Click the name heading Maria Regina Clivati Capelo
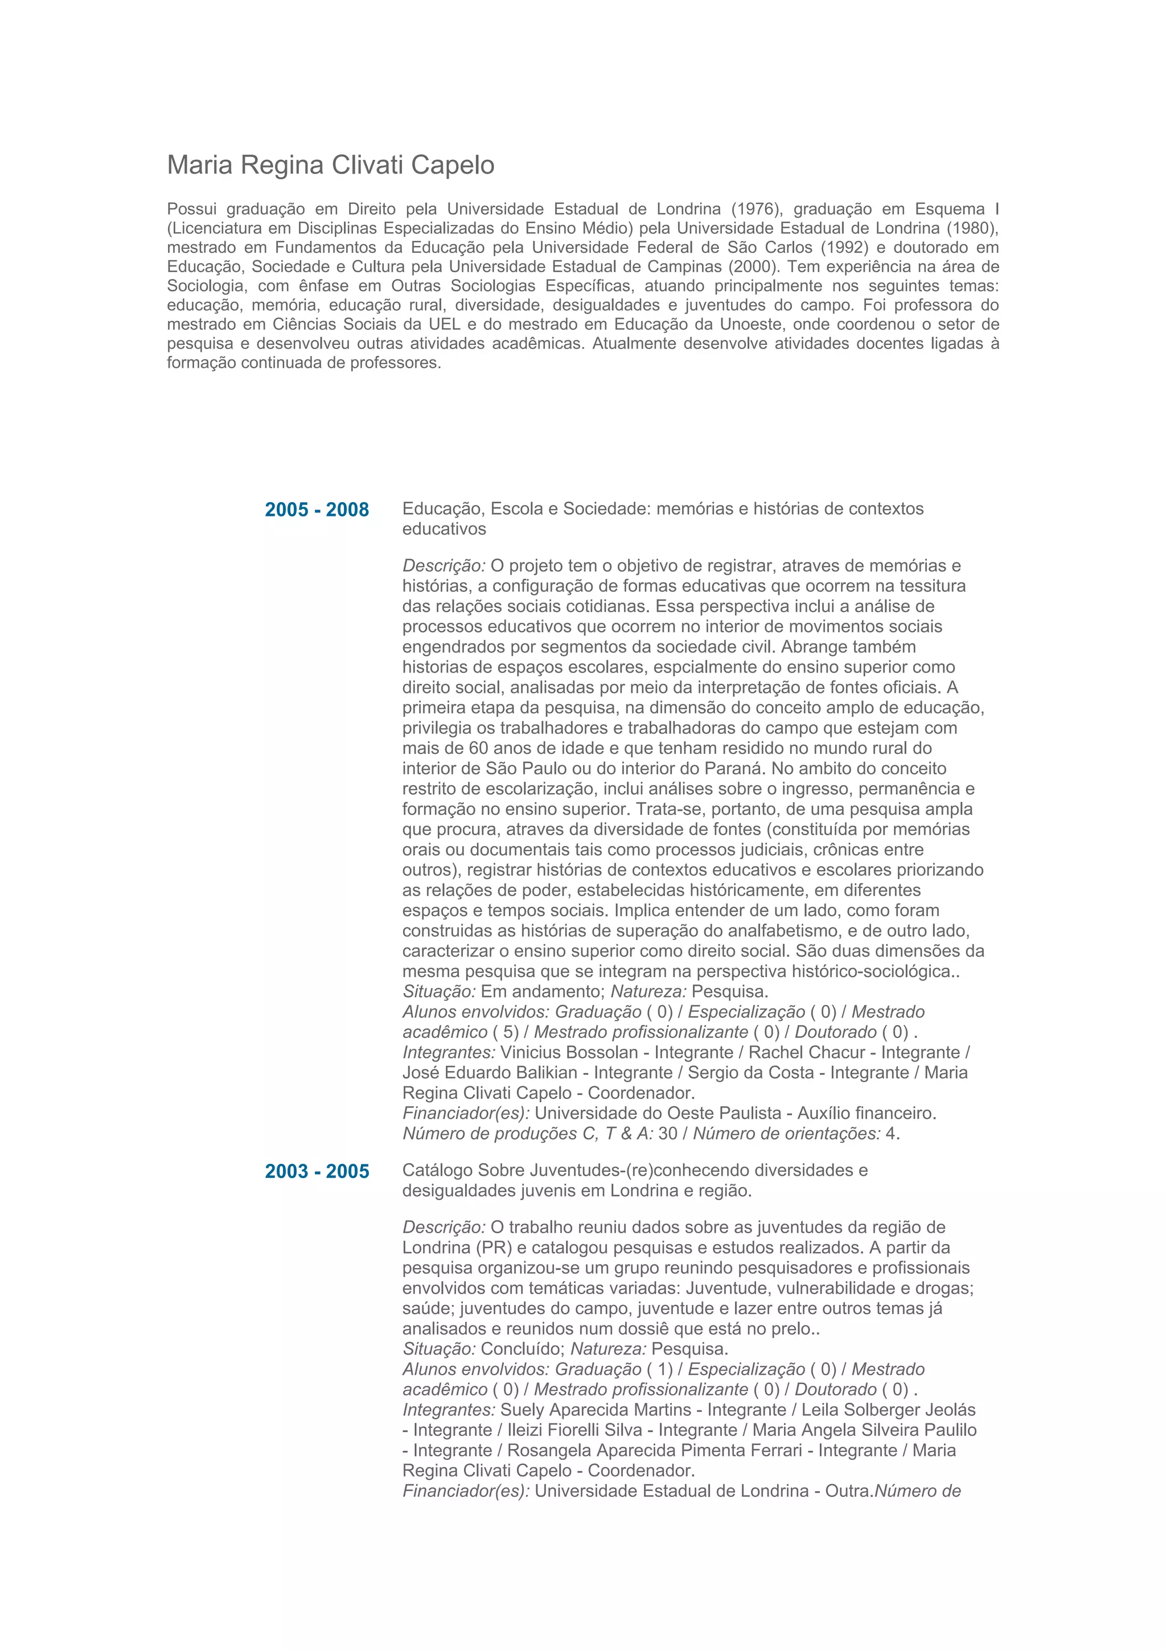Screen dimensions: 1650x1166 point(330,165)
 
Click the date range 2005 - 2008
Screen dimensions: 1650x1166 point(317,510)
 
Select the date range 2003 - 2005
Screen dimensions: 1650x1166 point(317,1171)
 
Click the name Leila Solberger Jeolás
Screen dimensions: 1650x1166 point(889,1410)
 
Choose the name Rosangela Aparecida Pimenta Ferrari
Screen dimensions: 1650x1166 point(655,1450)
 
